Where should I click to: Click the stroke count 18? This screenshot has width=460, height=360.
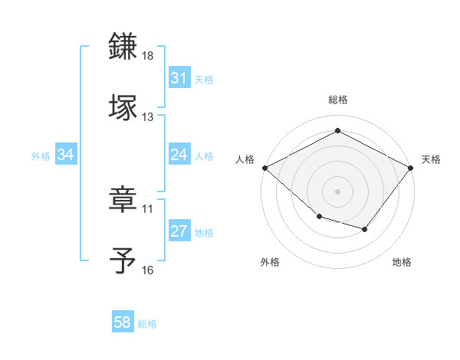[x=148, y=57]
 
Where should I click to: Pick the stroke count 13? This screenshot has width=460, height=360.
[x=148, y=116]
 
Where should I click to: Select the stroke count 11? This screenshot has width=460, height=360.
[x=148, y=208]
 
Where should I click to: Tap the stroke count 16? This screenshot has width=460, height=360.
[x=148, y=270]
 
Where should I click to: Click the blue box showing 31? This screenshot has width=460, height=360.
[x=179, y=78]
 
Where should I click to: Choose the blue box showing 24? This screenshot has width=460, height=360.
[x=179, y=155]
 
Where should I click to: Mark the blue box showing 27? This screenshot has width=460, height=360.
[x=179, y=232]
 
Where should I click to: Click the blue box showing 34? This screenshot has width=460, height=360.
[x=66, y=155]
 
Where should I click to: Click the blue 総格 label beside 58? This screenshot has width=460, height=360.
[x=147, y=324]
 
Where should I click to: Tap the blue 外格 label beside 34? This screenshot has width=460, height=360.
[x=41, y=156]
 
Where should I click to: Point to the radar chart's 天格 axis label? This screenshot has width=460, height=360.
[x=432, y=159]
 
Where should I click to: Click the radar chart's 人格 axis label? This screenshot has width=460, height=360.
[x=245, y=159]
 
